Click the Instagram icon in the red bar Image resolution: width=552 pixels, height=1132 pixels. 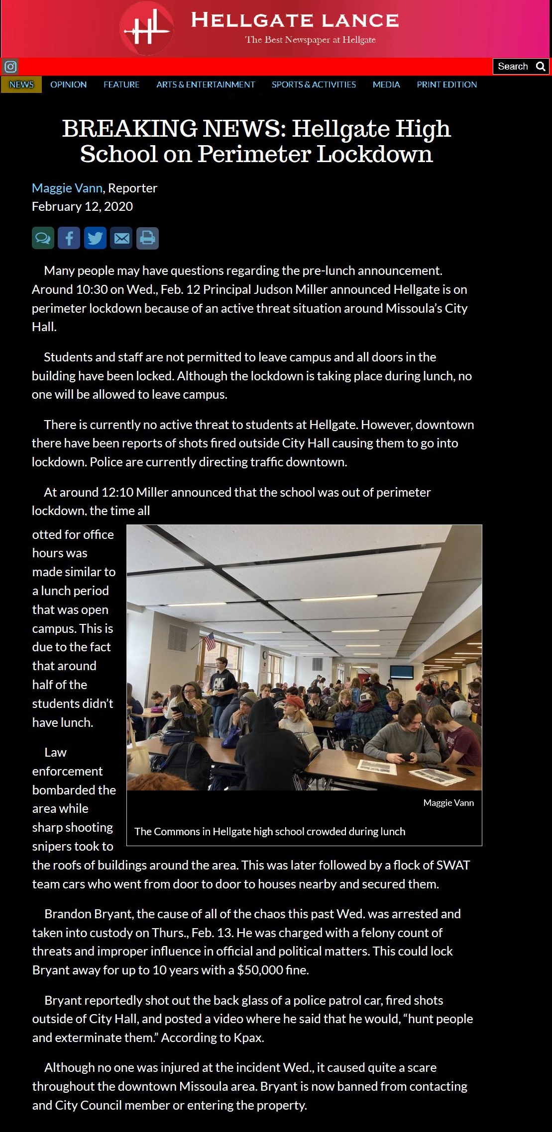point(10,66)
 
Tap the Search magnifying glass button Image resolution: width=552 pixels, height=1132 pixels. point(540,66)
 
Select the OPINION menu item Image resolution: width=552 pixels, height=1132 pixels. point(68,85)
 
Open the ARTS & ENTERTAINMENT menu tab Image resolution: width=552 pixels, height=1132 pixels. point(206,85)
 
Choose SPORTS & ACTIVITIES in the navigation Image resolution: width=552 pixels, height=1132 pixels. point(314,85)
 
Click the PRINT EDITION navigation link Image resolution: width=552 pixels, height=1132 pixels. point(446,85)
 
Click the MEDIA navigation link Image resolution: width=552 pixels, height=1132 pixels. point(386,85)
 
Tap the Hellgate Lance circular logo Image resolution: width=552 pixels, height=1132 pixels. point(147,29)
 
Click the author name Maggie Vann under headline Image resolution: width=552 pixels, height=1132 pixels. point(67,188)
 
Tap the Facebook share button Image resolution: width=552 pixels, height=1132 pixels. point(69,238)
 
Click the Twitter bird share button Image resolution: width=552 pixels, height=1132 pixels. point(95,238)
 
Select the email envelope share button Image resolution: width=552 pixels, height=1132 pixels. point(121,238)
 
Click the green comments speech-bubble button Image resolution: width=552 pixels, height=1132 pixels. point(43,238)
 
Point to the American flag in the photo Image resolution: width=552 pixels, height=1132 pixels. point(210,641)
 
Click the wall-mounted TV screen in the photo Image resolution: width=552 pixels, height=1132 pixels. point(401,672)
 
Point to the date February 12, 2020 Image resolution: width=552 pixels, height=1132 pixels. point(82,206)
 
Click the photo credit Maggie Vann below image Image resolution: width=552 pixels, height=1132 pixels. point(448,803)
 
